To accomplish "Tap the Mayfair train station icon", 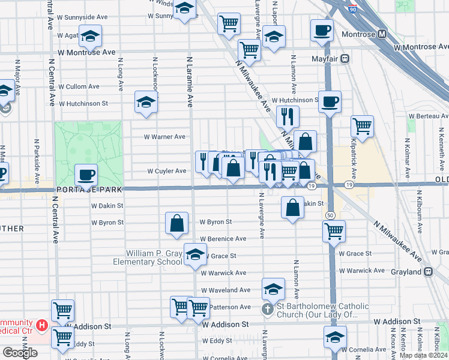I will coord(345,59).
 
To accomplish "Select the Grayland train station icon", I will coord(428,271).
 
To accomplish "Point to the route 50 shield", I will coord(330,214).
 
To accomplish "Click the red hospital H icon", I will coord(42,326).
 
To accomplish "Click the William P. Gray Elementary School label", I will coord(154,257).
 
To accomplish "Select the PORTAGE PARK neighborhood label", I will coord(89,190).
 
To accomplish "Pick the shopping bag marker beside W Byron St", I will coord(177,223).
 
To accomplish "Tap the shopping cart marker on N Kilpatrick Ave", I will coord(362,126).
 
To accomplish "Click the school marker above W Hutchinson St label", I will coord(146,102).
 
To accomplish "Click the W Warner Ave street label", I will coord(164,137).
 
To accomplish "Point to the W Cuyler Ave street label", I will coord(167,171).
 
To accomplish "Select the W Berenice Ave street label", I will coord(223,239).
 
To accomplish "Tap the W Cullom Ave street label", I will coord(79,86).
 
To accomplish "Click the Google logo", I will coord(20,353).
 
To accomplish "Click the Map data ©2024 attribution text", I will coord(423,355).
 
